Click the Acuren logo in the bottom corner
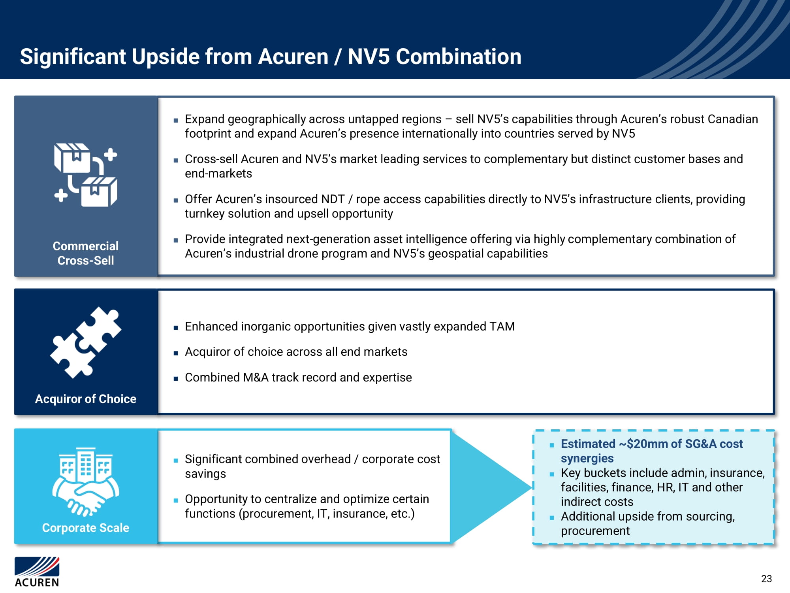37,572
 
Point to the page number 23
766,579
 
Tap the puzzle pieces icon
86,342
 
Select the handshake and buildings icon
86,482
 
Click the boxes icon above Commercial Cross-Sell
86,175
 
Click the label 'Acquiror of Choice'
86,399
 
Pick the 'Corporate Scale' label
86,528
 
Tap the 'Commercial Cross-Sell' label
86,253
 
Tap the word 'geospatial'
456,254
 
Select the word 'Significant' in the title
73,57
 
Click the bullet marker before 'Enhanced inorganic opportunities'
176,327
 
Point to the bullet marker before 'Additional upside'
552,517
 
